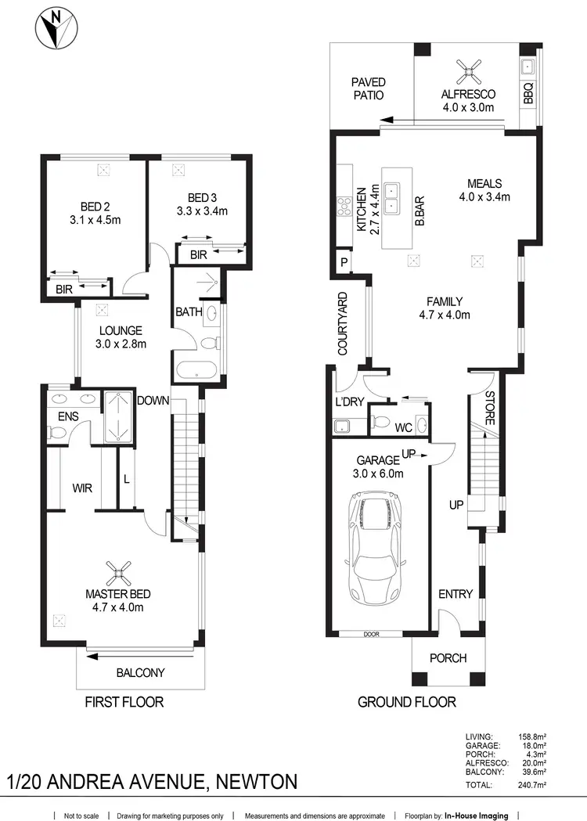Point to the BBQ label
(528, 94)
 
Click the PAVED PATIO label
(368, 88)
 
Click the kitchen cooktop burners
(343, 207)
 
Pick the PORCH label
(448, 657)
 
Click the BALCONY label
(140, 672)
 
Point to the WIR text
(82, 488)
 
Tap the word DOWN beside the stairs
(154, 400)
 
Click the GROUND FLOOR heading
(406, 701)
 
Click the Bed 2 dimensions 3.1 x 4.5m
(94, 220)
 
